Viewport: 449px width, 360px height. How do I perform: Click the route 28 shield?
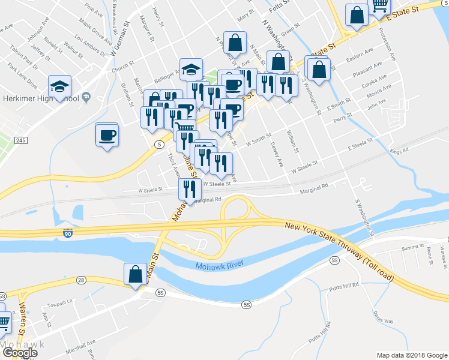coord(81,280)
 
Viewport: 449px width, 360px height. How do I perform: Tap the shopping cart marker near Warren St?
coord(4,322)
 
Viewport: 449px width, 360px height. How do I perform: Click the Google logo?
coord(20,353)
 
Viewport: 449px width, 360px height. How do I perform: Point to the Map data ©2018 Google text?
coord(411,355)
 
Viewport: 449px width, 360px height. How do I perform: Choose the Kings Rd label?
coord(399,151)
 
